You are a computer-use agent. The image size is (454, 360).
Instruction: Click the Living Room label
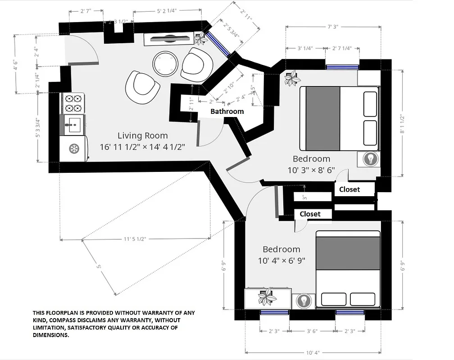(x=142, y=135)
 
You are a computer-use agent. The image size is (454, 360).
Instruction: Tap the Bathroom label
(x=227, y=111)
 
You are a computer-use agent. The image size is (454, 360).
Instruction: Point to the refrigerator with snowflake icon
(x=73, y=148)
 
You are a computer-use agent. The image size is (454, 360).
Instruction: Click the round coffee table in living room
(x=164, y=63)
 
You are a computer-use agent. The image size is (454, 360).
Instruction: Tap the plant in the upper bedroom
(x=292, y=78)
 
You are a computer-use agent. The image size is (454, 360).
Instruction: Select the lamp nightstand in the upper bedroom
(x=370, y=159)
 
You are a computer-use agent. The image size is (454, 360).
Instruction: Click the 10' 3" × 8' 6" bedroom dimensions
(x=311, y=171)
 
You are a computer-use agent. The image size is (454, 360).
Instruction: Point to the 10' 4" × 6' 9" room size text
(x=281, y=261)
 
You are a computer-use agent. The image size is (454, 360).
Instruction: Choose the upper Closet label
(x=350, y=189)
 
